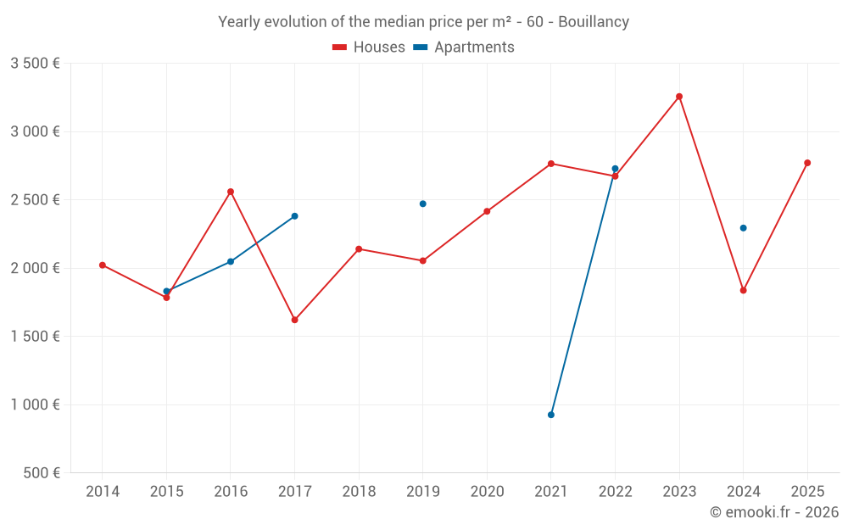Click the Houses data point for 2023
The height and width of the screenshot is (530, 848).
[x=679, y=97]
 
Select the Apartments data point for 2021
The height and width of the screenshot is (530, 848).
[x=551, y=415]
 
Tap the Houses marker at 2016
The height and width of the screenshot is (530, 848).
[x=231, y=192]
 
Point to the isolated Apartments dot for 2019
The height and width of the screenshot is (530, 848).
[x=423, y=204]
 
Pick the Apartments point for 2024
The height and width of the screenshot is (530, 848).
[x=744, y=228]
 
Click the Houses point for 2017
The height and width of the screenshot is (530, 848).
[x=295, y=320]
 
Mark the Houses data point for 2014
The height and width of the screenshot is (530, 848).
[x=103, y=265]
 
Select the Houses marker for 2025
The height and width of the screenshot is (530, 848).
[x=807, y=163]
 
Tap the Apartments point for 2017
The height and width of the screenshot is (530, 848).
[x=295, y=216]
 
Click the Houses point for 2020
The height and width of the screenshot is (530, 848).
[x=487, y=211]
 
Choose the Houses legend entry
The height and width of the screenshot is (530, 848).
[x=369, y=47]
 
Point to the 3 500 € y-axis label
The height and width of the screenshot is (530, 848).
[x=35, y=64]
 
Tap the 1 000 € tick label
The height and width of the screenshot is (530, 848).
[x=35, y=404]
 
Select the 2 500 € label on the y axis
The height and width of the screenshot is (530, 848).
[x=35, y=200]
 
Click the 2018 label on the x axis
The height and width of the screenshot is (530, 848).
[x=359, y=491]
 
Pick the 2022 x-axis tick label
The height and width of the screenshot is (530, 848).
[x=615, y=491]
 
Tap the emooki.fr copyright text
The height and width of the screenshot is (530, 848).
[x=773, y=512]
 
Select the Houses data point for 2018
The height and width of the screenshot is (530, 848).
[x=359, y=249]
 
